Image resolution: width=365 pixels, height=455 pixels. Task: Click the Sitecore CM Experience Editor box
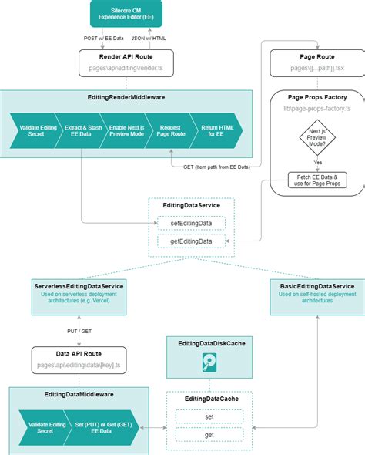click(x=126, y=14)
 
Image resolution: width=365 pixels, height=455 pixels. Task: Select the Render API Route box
click(x=126, y=63)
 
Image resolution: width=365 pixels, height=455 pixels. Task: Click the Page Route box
click(x=316, y=63)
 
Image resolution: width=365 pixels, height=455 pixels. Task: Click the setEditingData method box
click(x=191, y=223)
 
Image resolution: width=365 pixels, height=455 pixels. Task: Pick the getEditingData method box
click(x=191, y=241)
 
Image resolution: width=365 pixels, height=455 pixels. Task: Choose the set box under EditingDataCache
click(x=209, y=416)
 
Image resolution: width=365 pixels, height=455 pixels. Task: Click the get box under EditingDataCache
click(x=209, y=434)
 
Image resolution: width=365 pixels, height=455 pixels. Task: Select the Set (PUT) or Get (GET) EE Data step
click(x=101, y=426)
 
